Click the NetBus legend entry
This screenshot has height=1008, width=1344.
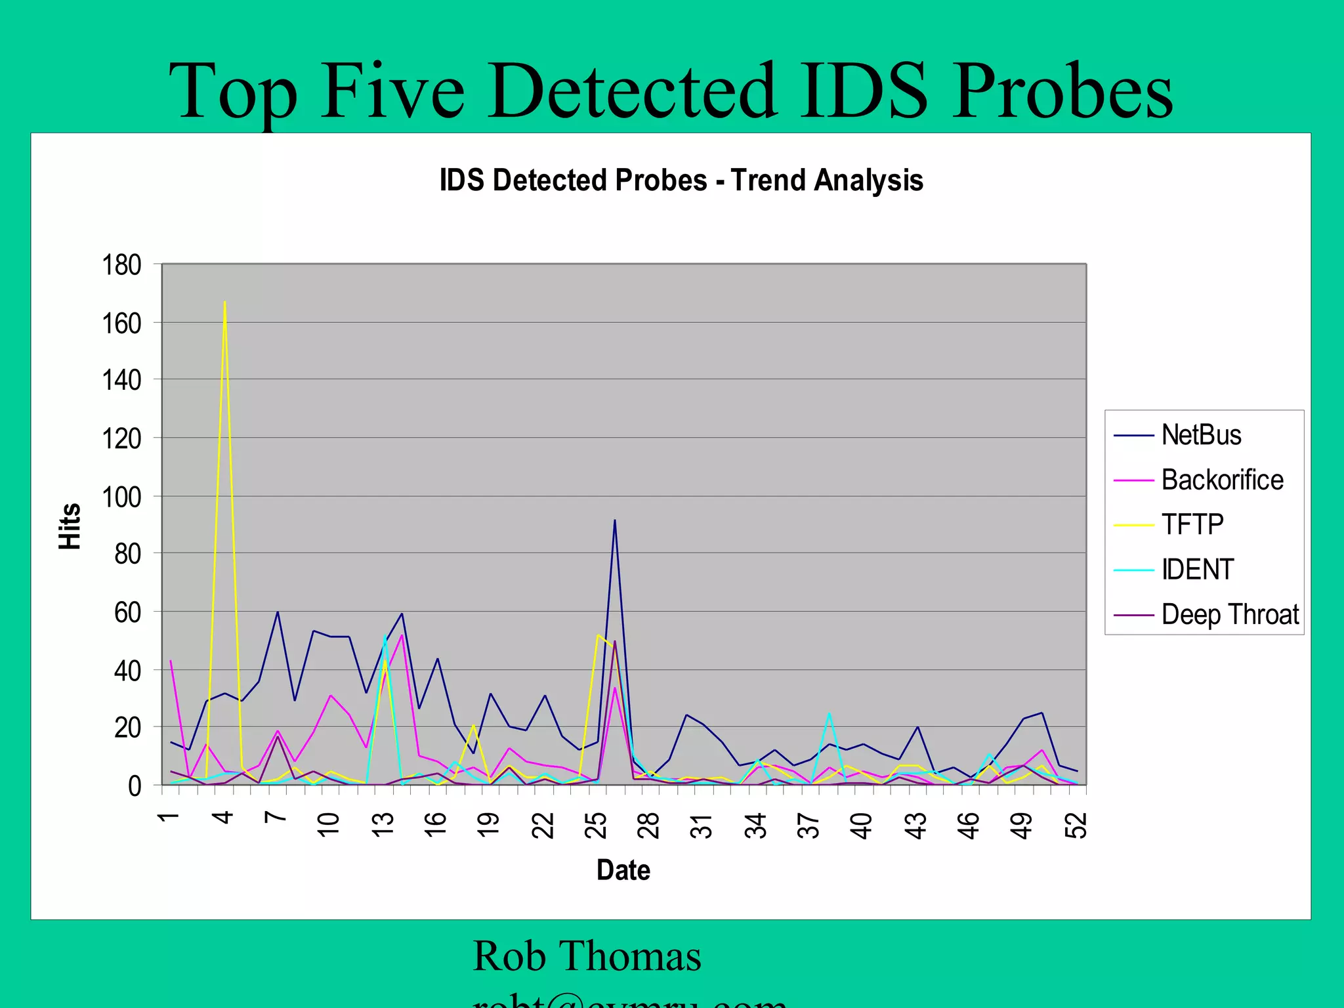[x=1200, y=435]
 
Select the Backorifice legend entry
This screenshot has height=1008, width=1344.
[x=1221, y=480]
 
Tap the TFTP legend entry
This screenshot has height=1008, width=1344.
[x=1192, y=524]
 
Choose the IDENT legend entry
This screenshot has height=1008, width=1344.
[x=1197, y=569]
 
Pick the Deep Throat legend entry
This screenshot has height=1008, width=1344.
[x=1229, y=614]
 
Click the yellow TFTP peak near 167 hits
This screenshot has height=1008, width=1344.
[x=224, y=303]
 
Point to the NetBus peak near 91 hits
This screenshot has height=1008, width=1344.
[x=614, y=520]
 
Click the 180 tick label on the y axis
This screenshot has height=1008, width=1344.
[x=121, y=265]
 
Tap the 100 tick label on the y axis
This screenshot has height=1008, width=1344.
[x=121, y=497]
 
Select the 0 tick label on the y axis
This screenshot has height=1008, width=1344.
[x=134, y=786]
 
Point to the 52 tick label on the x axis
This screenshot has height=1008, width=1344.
[x=1076, y=826]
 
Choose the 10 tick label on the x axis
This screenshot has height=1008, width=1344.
[x=329, y=826]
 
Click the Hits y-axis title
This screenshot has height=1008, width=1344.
[x=70, y=526]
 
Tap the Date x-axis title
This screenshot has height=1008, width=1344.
[x=623, y=870]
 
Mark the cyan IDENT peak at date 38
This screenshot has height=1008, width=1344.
[x=829, y=713]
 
